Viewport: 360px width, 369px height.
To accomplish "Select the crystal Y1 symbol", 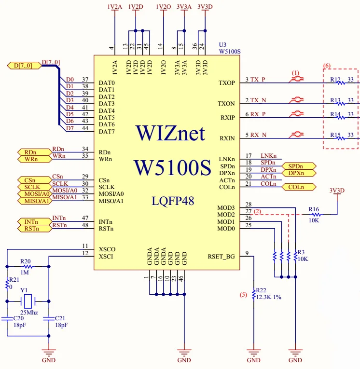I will click(28, 301).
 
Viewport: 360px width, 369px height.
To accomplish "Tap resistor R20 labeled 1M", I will click(28, 266).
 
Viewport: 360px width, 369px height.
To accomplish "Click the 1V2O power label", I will click(164, 7).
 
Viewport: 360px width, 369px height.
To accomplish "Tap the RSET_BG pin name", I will click(221, 257).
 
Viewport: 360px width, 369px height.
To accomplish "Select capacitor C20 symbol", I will click(7, 319).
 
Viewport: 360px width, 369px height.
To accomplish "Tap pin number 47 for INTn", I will click(85, 219).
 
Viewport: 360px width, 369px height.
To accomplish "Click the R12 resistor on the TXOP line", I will click(341, 83).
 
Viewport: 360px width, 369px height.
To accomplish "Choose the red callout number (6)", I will click(327, 65).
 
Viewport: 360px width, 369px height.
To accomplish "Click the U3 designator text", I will click(223, 44).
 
